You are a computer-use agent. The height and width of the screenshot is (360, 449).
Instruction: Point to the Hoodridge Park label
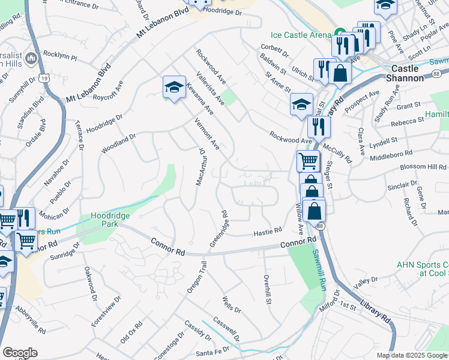coord(110,220)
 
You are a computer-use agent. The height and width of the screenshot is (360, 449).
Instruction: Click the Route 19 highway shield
coord(44,78)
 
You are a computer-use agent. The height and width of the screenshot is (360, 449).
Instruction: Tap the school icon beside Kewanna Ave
coord(174,87)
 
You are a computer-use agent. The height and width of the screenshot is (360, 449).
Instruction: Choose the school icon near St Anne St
coord(301,104)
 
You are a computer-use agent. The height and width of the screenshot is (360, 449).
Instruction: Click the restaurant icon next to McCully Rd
coord(319,126)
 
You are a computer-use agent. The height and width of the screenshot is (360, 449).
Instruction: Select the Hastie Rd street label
coord(267,231)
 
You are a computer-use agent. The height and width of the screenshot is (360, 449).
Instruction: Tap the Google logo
coord(20,353)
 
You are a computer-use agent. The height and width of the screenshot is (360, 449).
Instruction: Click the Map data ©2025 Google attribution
coord(411,355)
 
